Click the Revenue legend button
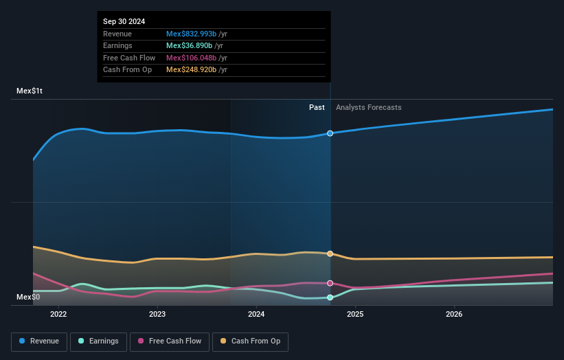(39, 341)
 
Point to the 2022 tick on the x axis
(58, 315)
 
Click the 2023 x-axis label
(157, 315)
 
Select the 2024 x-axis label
(256, 315)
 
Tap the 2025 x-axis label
(355, 315)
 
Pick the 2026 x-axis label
(454, 315)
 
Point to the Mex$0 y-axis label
(27, 297)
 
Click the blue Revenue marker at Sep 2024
(330, 133)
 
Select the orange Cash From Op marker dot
(330, 254)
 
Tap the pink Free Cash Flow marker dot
(330, 283)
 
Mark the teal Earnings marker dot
(330, 297)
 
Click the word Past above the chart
(317, 107)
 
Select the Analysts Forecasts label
(368, 107)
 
